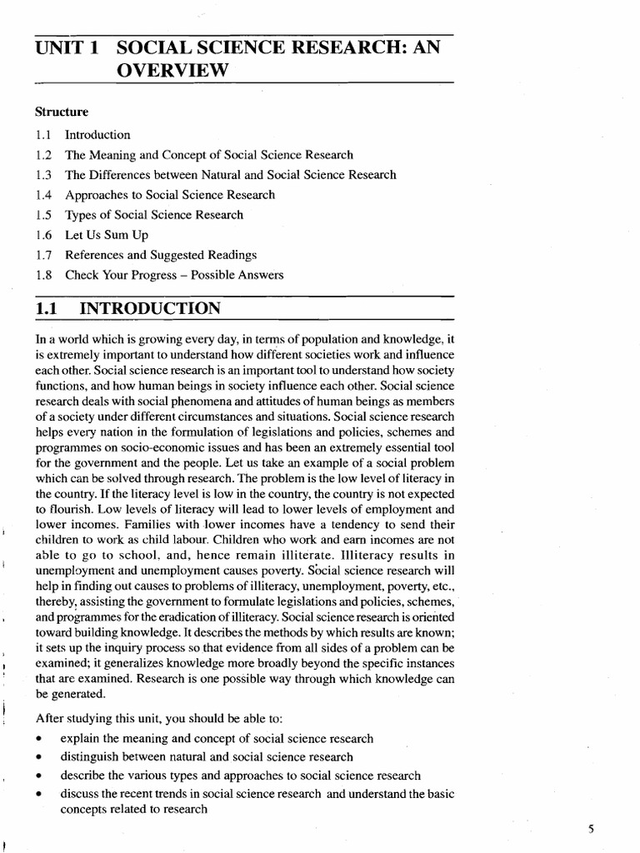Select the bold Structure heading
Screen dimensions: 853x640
point(62,111)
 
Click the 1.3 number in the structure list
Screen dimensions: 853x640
point(44,175)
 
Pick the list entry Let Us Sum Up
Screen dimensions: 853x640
point(107,235)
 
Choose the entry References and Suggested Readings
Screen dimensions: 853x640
point(161,255)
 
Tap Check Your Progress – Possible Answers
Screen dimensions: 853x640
point(174,275)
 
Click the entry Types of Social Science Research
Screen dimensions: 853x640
point(154,215)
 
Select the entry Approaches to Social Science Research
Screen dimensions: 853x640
point(170,195)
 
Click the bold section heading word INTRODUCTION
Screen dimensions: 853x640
point(150,310)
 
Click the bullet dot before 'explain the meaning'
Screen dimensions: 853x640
point(40,740)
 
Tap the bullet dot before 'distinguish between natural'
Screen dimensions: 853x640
point(40,757)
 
